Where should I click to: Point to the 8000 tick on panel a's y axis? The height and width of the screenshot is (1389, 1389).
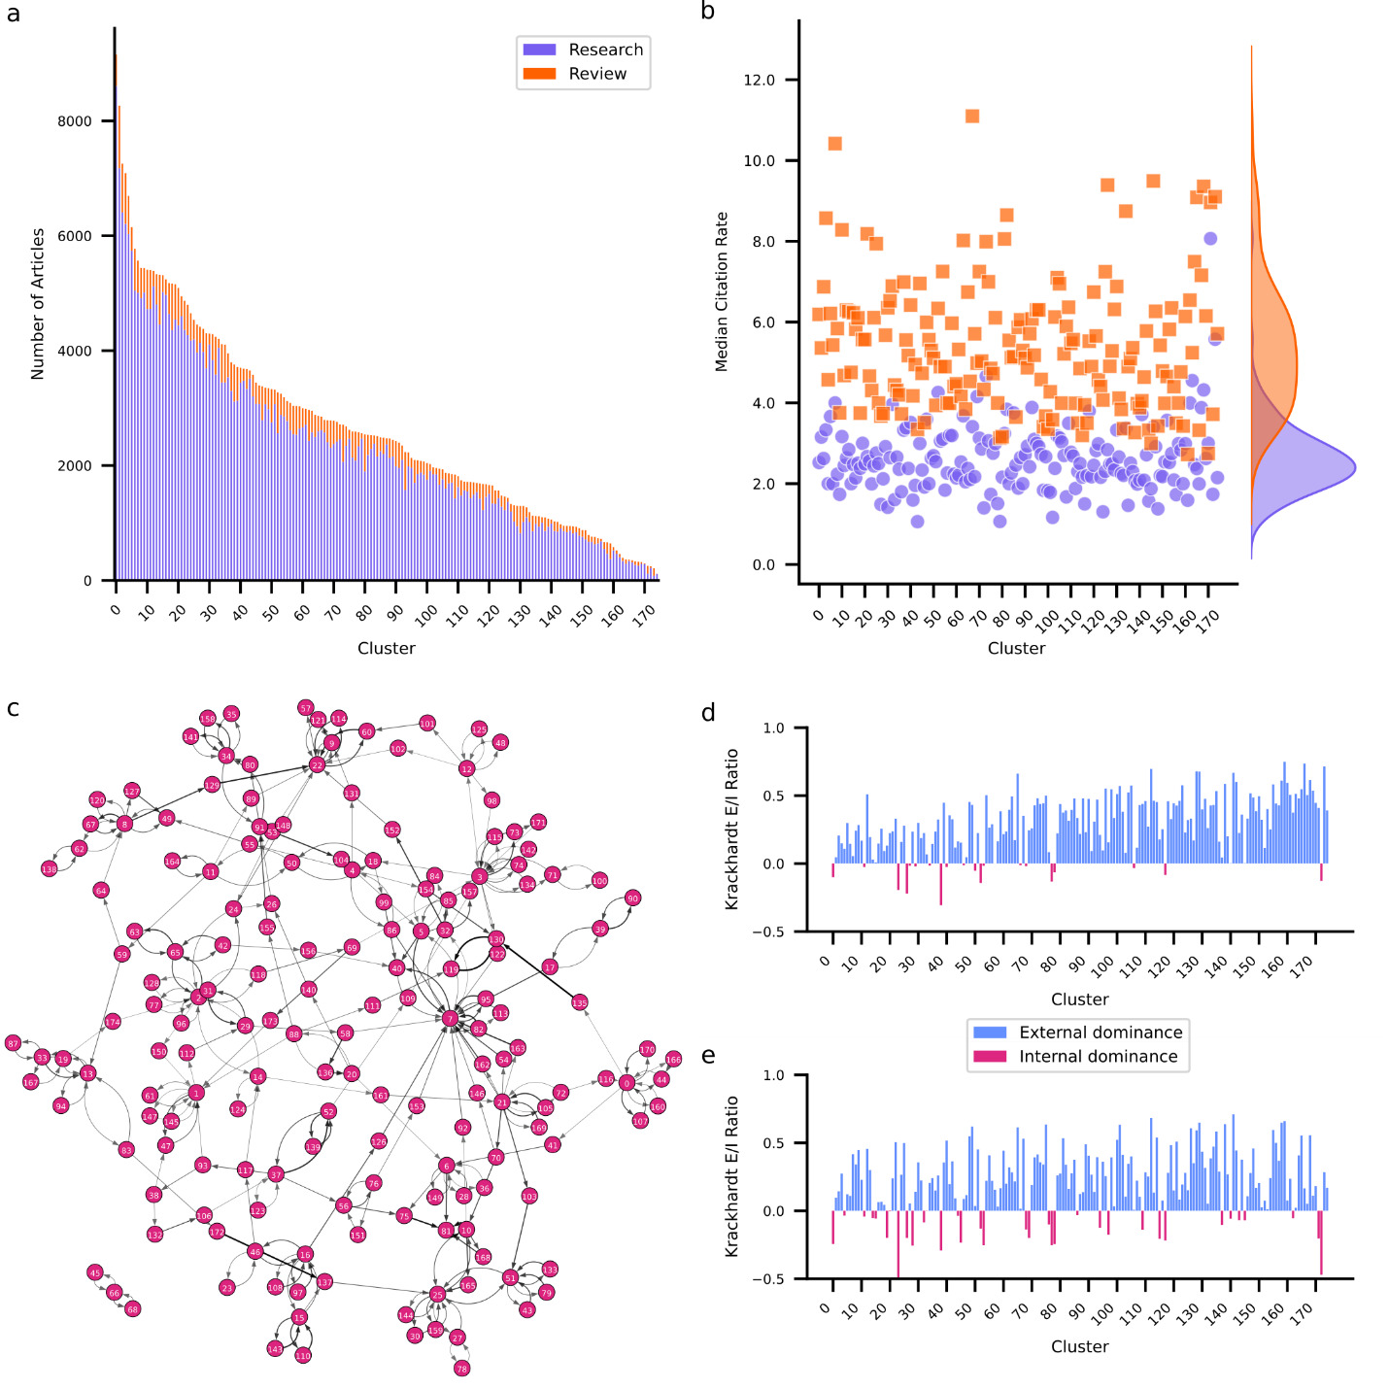tap(75, 121)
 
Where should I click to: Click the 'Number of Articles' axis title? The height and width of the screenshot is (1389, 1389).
tap(38, 304)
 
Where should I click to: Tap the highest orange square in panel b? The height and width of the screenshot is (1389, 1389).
tap(971, 117)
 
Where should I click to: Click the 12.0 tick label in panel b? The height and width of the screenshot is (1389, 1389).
tap(759, 80)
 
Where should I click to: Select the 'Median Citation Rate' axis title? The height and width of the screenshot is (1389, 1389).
tap(721, 291)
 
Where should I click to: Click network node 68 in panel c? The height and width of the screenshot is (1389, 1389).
tap(133, 1308)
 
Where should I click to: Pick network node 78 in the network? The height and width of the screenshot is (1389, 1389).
tap(461, 1368)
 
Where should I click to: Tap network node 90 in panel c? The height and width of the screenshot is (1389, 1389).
tap(632, 898)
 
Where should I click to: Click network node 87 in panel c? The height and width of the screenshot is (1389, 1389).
tap(13, 1043)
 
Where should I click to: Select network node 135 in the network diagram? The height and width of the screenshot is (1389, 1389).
tap(580, 1002)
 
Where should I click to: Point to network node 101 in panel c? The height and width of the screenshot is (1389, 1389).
tap(427, 724)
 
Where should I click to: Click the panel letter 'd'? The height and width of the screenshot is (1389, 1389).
tap(709, 714)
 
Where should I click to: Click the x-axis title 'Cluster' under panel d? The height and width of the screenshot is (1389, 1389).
tap(1079, 999)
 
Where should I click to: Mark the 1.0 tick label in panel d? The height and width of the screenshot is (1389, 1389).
tap(773, 728)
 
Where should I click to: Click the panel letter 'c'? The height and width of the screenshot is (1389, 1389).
tap(13, 708)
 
